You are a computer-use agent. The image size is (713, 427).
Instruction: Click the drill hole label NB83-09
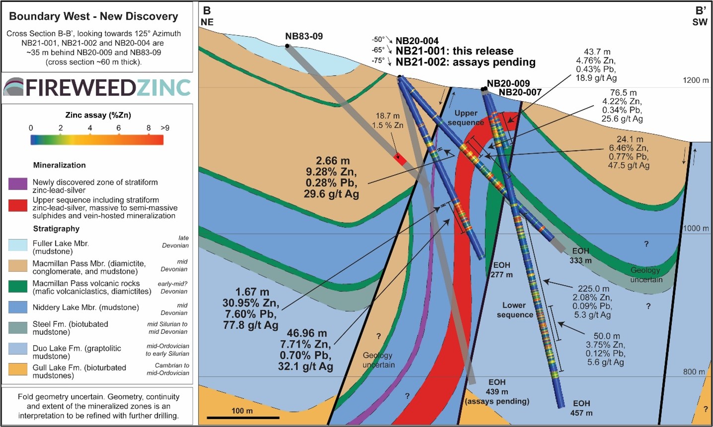[303, 36]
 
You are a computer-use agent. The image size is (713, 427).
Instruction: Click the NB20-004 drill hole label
[417, 41]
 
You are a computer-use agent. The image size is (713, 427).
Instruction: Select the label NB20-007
[520, 92]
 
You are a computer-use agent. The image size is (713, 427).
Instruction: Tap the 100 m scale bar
[242, 417]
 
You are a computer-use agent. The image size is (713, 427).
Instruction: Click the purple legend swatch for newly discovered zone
[18, 183]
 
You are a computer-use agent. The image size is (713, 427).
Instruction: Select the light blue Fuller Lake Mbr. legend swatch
[18, 244]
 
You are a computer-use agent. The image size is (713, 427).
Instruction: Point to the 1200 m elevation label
[695, 80]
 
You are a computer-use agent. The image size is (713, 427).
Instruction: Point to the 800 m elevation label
[694, 371]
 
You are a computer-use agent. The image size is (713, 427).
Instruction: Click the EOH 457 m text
[581, 408]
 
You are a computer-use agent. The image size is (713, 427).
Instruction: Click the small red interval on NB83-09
[400, 159]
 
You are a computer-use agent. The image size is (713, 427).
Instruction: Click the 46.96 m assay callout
[306, 333]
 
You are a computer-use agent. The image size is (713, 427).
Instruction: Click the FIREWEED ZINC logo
[97, 87]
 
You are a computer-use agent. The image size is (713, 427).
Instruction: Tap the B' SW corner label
[700, 16]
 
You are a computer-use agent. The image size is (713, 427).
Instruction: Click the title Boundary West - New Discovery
[93, 16]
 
